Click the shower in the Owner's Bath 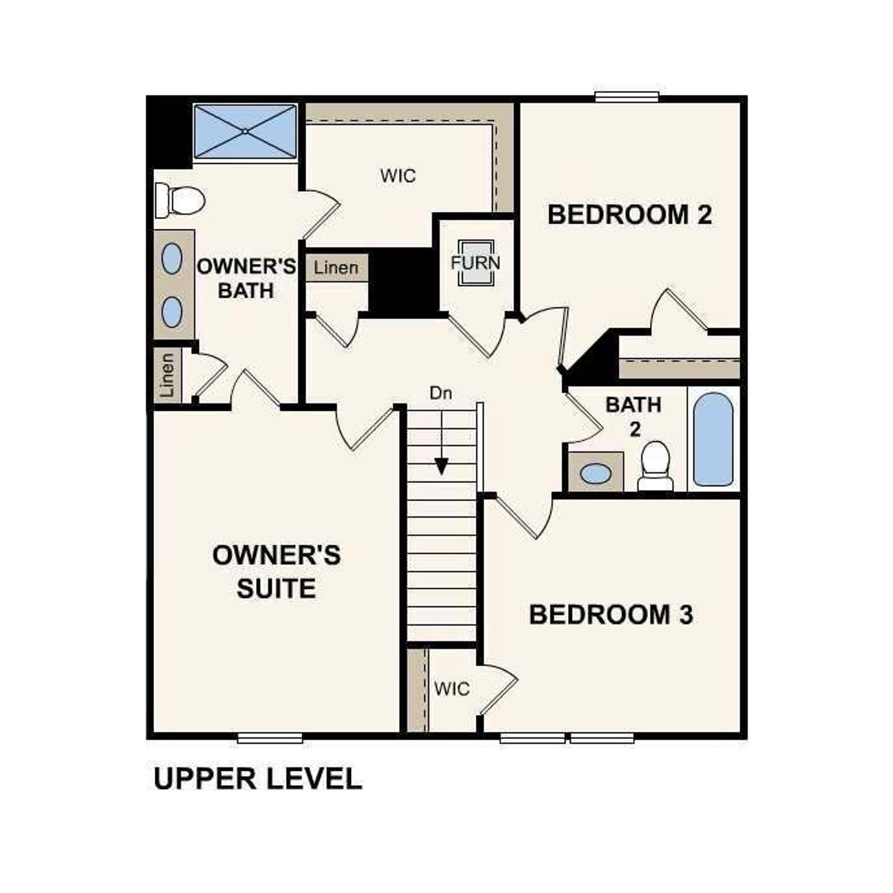(245, 130)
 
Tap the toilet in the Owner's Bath (181, 200)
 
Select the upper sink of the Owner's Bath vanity (172, 260)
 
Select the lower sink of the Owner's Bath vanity (172, 311)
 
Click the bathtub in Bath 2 (713, 440)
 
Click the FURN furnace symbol (476, 263)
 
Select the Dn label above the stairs (440, 393)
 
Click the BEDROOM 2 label (629, 215)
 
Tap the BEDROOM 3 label (611, 615)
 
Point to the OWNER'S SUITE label (276, 572)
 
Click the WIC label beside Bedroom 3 (451, 689)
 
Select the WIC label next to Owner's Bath (398, 175)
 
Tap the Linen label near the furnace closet (336, 267)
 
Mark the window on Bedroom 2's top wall (626, 97)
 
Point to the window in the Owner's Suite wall (269, 737)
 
